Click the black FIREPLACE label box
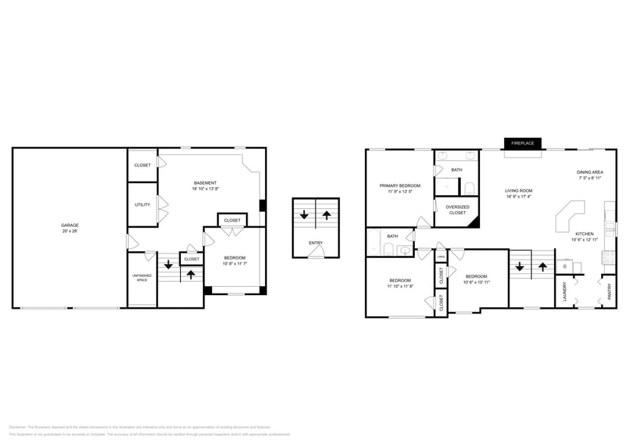coord(522,143)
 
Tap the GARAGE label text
coord(70,225)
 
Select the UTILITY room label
coord(142,204)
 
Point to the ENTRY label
coord(315,243)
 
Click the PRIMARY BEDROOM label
coord(400,185)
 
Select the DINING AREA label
coord(590,173)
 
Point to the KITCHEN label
coord(584,234)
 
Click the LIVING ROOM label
coord(519,191)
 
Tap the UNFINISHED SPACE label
coord(142,276)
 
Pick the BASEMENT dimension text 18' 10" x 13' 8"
coord(205,188)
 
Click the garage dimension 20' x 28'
coord(70,231)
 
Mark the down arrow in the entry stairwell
coord(304,216)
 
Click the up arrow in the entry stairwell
coord(326,216)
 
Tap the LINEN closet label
coord(441,257)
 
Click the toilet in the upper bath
coord(469,188)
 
